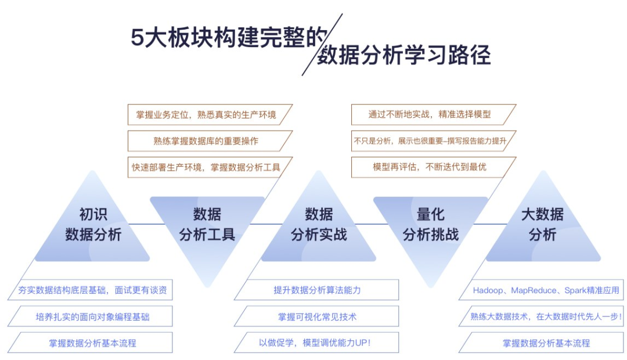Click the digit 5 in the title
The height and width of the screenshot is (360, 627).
137,38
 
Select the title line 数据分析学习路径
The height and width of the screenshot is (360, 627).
404,55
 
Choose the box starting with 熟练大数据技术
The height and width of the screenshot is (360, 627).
545,316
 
